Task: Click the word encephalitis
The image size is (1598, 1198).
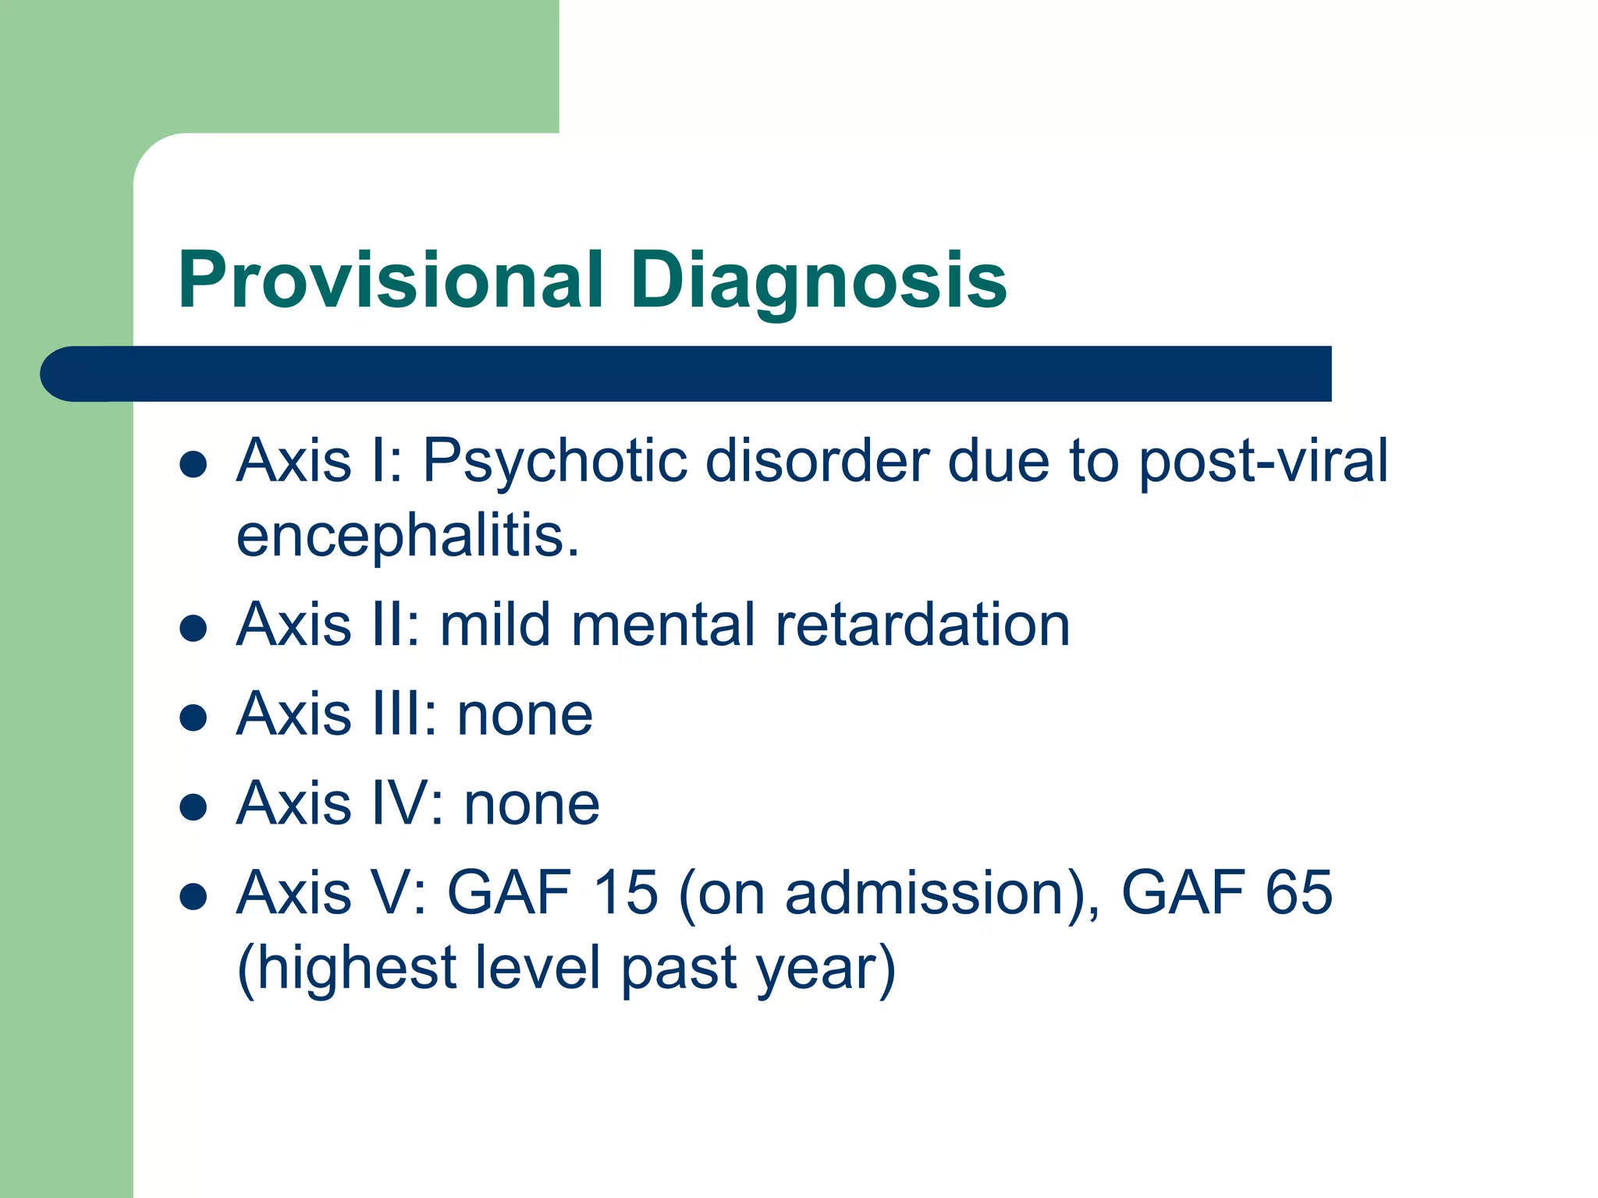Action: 407,537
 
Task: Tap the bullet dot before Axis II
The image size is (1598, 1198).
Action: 193,628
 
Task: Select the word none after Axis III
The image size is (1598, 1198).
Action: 524,714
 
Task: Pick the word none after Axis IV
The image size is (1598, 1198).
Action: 532,804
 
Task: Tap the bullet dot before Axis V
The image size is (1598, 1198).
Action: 193,897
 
